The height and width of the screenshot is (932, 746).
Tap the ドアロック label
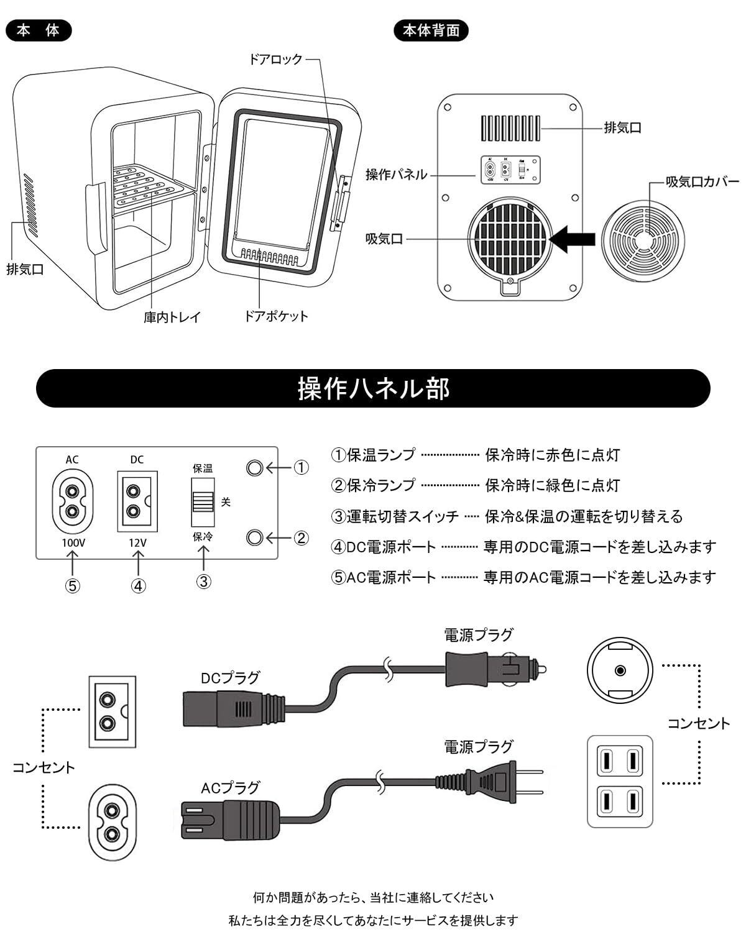(275, 59)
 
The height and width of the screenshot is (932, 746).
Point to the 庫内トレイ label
(172, 318)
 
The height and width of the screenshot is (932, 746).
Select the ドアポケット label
(276, 316)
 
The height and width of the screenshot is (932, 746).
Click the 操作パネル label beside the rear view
(397, 175)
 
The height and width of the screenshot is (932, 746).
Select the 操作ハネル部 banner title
(373, 389)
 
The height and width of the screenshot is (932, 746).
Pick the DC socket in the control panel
(137, 501)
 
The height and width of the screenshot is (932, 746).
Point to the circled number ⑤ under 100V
(73, 586)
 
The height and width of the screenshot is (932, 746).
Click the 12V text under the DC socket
(137, 542)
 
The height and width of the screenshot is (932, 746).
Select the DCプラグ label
(230, 678)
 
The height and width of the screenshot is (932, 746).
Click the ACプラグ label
(230, 788)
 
